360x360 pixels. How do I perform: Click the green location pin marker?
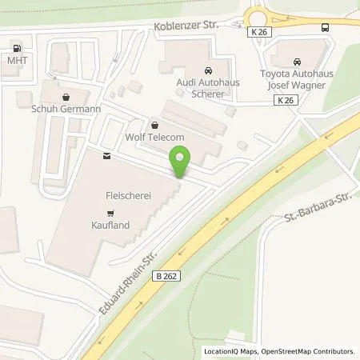181,165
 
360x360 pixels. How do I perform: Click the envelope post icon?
105,158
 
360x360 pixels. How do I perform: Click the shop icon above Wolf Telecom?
155,125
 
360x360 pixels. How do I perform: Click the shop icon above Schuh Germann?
63,94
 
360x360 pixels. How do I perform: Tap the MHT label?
16,60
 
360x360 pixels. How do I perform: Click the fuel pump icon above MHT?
16,46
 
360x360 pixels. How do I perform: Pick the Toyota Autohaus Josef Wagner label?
297,81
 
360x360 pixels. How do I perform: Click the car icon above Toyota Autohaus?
297,62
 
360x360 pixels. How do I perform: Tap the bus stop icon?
324,27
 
